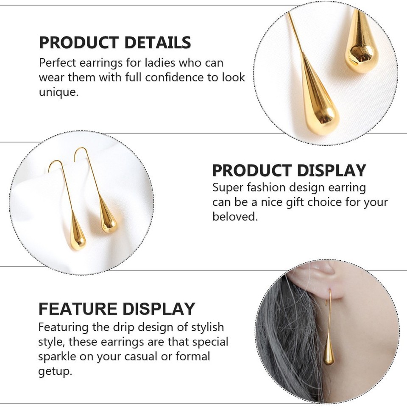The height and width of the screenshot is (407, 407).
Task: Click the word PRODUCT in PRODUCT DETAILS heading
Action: point(79,43)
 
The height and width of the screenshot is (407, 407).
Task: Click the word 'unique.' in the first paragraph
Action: point(59,92)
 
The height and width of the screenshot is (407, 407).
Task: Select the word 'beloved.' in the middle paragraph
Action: point(234,217)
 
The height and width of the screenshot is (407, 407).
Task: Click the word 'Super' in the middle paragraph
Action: point(228,187)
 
